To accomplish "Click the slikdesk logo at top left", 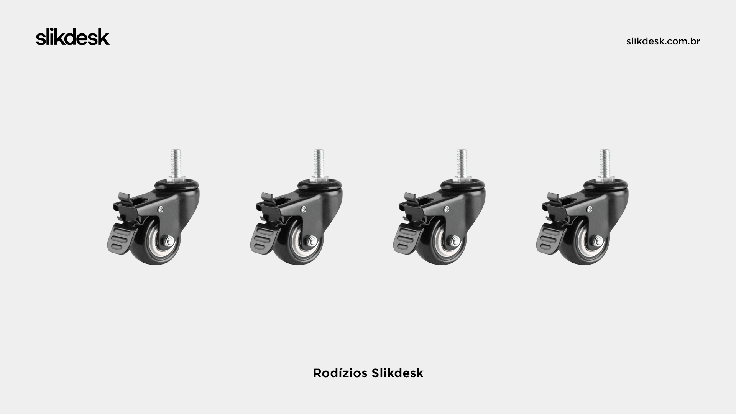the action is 73,37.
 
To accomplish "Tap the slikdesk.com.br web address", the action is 663,41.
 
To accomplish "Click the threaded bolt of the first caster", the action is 175,163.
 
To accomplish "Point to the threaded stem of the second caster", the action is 319,163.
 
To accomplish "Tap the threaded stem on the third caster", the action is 462,163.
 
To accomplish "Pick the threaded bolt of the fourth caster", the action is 605,163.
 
